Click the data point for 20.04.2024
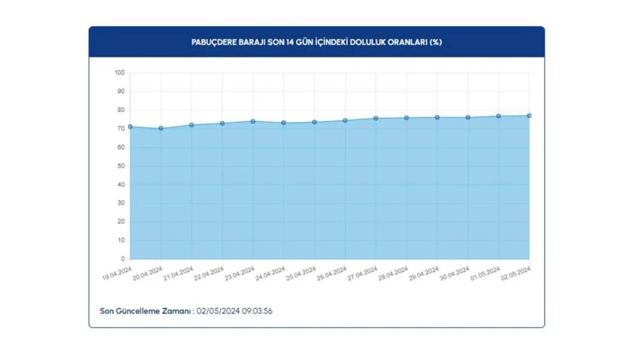click(161, 128)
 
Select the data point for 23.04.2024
click(253, 122)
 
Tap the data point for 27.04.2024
click(376, 119)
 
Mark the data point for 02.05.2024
click(529, 116)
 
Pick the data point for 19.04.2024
click(130, 127)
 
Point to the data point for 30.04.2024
click(468, 117)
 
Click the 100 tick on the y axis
click(119, 73)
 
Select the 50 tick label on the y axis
click(121, 166)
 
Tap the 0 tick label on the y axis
click(123, 259)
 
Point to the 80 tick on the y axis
click(121, 110)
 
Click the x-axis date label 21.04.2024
click(179, 273)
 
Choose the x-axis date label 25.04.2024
click(301, 273)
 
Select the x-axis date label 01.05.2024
click(485, 273)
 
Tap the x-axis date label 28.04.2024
click(393, 273)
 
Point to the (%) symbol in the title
click(436, 43)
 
